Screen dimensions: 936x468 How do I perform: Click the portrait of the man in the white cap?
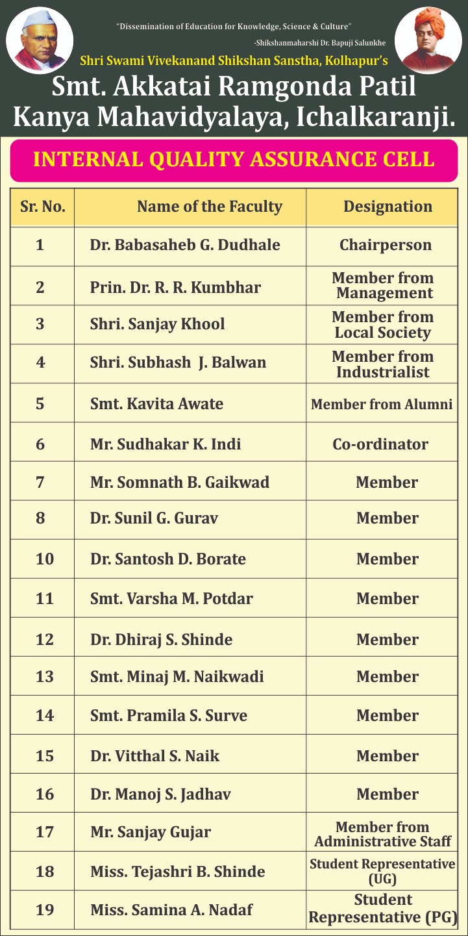40,38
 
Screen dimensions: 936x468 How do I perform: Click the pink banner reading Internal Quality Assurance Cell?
234,160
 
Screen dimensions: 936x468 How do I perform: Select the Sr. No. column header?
43,207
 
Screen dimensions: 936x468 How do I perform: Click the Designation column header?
388,207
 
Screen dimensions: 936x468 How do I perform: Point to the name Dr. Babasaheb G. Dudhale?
185,245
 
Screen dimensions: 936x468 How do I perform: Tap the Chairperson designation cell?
385,245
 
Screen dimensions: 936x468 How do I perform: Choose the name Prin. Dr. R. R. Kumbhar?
175,287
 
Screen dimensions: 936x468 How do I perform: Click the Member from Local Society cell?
382,325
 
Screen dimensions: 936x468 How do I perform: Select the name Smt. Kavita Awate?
156,404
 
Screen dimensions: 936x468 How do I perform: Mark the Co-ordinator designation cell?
380,444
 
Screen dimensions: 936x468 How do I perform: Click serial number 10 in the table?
44,559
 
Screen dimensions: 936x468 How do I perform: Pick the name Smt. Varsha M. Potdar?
171,599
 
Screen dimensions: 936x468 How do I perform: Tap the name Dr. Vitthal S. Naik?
154,756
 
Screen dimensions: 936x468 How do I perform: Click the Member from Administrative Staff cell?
382,834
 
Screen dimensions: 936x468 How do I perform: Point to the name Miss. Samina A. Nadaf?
171,910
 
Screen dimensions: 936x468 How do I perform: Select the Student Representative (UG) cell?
382,872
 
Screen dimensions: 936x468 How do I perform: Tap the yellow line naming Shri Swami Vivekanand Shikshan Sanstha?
234,62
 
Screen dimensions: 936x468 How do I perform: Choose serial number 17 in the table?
44,832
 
